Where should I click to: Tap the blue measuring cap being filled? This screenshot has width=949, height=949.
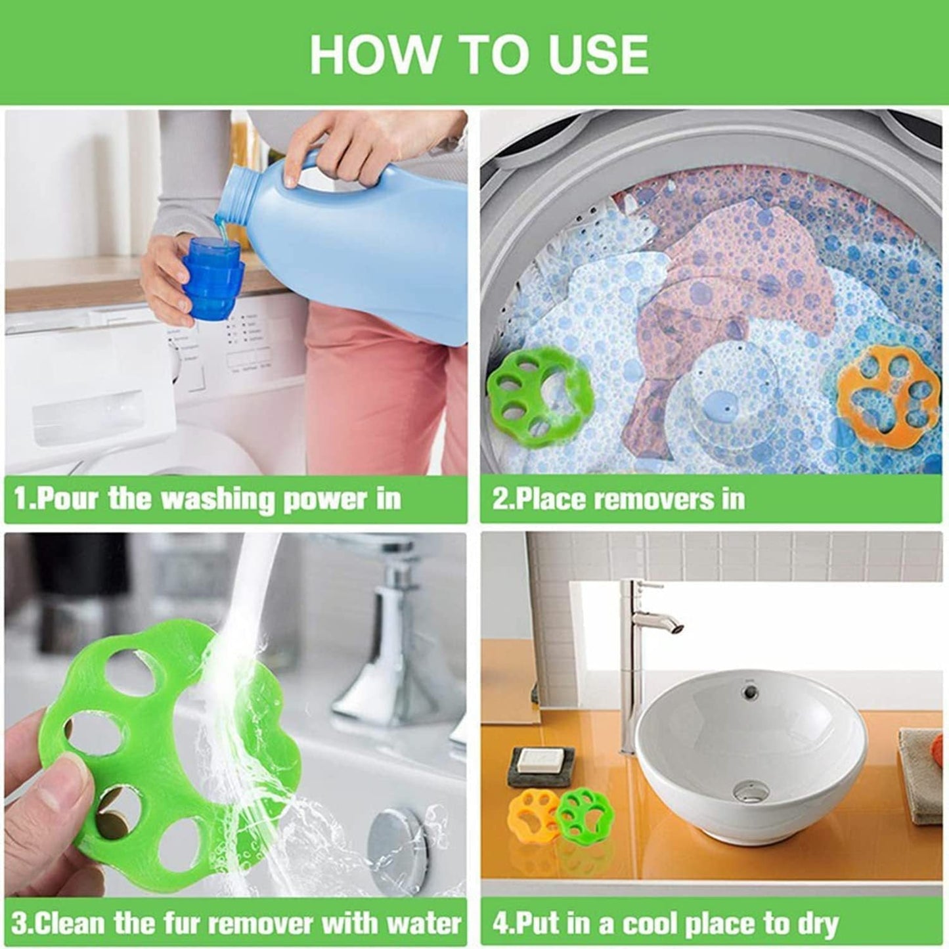coord(215,271)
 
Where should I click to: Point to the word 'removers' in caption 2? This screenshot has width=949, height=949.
coord(659,498)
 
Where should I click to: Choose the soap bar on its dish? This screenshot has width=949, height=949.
coord(539,760)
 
